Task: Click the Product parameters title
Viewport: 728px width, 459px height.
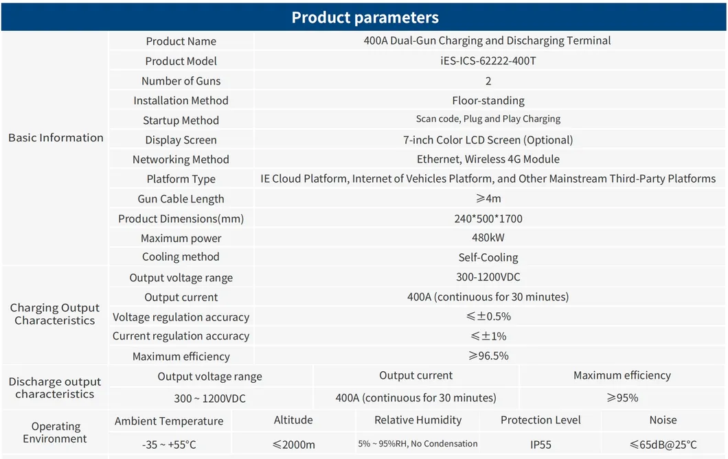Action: [x=365, y=17]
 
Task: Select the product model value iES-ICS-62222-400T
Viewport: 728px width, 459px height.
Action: [x=488, y=61]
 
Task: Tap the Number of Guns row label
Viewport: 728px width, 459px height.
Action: [x=181, y=81]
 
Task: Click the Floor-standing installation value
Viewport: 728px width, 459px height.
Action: [x=488, y=100]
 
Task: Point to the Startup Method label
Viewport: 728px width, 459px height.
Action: [x=181, y=120]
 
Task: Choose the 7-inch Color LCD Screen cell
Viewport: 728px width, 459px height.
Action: [x=488, y=140]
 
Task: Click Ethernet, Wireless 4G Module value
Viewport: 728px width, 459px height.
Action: [x=488, y=159]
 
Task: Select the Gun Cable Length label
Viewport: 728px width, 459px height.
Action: [x=181, y=199]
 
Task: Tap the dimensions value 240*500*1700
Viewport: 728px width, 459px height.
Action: [x=488, y=219]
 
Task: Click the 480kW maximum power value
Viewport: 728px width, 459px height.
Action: [x=488, y=238]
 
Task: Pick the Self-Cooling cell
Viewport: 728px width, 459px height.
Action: [x=488, y=258]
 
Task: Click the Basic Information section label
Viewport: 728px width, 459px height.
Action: [x=56, y=138]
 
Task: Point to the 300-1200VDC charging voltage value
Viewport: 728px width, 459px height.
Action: [x=488, y=278]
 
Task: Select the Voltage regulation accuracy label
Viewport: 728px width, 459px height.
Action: [x=181, y=317]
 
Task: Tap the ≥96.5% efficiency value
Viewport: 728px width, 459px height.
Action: [x=488, y=356]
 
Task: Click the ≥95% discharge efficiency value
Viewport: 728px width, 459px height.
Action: [x=622, y=398]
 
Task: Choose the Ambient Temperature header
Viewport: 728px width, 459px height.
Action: [x=169, y=421]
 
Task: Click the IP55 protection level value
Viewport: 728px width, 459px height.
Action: [x=541, y=445]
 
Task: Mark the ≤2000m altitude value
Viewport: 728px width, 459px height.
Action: [x=293, y=445]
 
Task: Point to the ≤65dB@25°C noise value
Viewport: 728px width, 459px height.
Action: [x=663, y=445]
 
